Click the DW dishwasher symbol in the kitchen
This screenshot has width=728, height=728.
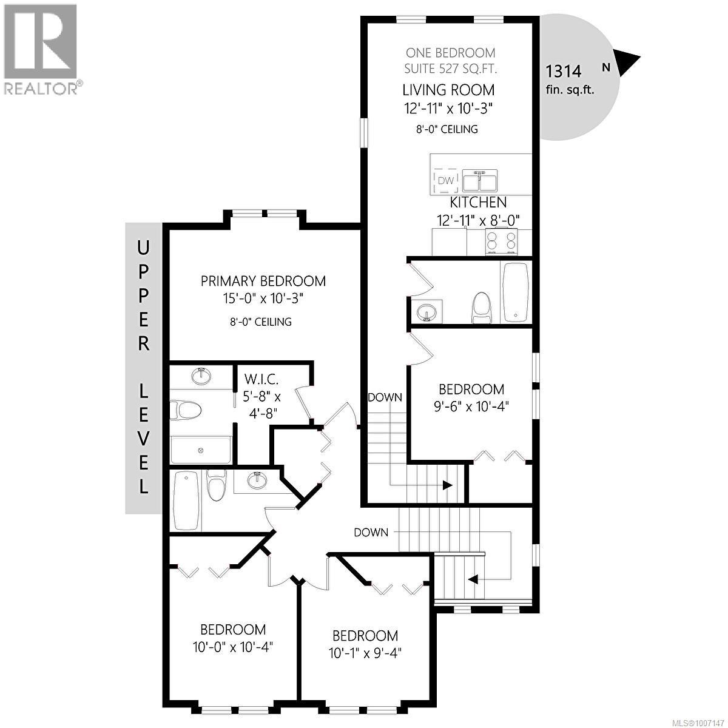click(x=446, y=180)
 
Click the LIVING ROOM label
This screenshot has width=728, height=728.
click(x=448, y=90)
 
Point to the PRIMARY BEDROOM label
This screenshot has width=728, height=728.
click(x=263, y=281)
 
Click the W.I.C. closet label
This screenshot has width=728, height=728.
click(x=261, y=380)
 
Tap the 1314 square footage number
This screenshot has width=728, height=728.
click(x=564, y=72)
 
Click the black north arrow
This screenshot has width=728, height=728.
click(x=629, y=63)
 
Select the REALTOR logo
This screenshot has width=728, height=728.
click(x=41, y=49)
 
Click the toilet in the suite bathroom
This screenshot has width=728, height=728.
click(x=481, y=308)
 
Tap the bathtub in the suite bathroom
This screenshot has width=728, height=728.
click(x=516, y=291)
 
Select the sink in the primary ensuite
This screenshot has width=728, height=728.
click(x=201, y=376)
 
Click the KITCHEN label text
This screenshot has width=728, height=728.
click(x=478, y=203)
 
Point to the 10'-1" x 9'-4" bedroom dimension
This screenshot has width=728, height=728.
click(x=365, y=653)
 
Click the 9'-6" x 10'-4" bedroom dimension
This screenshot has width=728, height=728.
click(x=471, y=406)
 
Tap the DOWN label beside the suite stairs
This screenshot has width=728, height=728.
click(x=385, y=397)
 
